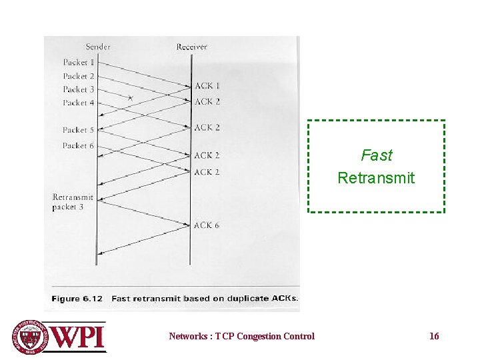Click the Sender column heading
(98, 47)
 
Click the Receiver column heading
(191, 47)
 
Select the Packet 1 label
(79, 63)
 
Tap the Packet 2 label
(79, 76)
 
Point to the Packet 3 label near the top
(79, 89)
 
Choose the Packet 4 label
(79, 103)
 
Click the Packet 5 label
(79, 130)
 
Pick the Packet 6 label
(79, 145)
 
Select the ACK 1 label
(207, 86)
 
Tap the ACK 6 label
(207, 225)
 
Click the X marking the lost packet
(131, 99)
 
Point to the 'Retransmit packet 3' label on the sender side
(73, 202)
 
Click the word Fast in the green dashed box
(377, 155)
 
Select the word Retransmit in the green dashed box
(376, 178)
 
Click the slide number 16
(434, 336)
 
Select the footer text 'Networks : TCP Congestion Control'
(241, 336)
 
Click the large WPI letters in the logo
(78, 337)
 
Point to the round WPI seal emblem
(30, 337)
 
